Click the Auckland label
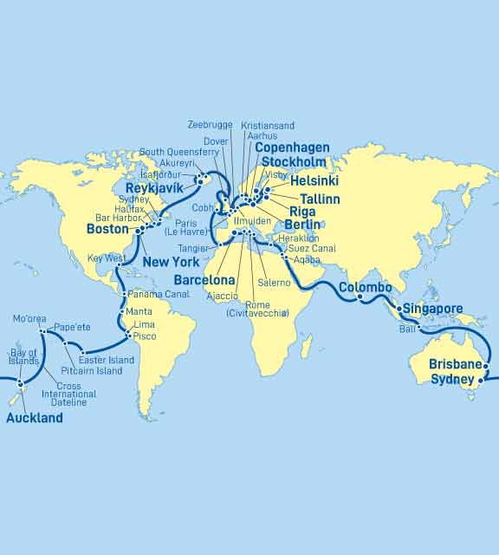(x=35, y=418)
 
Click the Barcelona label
(x=204, y=281)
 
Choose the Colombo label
(x=365, y=288)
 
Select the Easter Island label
(x=107, y=360)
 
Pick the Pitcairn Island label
(x=91, y=370)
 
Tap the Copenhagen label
(x=292, y=148)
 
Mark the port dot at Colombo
(x=360, y=298)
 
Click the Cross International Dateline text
(x=75, y=394)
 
